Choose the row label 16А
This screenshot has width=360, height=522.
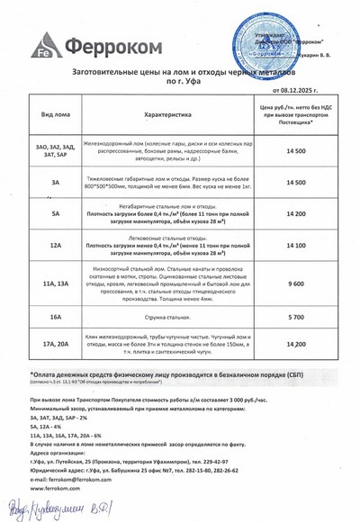point(56,318)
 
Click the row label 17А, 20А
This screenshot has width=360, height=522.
point(56,344)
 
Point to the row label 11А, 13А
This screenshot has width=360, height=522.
point(56,283)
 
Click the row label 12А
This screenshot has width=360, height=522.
point(56,245)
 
